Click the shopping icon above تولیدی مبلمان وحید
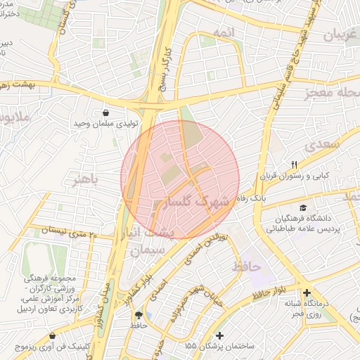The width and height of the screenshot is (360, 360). coord(105,112)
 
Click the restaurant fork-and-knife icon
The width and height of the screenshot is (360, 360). coord(294,165)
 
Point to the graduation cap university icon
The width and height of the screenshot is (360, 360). coord(303,208)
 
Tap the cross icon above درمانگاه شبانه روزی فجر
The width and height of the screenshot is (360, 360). coord(306,292)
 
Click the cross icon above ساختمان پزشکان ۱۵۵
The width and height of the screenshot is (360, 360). coord(221,335)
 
